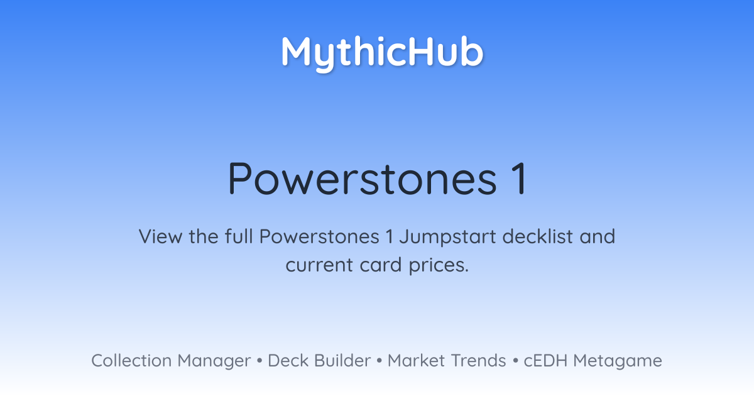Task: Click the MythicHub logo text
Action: [x=382, y=53]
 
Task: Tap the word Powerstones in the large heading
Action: [x=362, y=179]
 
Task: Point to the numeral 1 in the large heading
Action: [x=520, y=179]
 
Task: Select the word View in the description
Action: [x=160, y=236]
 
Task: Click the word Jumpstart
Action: [x=447, y=238]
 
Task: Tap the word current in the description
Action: [x=319, y=265]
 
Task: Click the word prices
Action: [x=439, y=266]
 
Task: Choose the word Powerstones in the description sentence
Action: [x=319, y=236]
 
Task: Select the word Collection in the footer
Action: [x=131, y=361]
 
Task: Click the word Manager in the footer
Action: [x=214, y=361]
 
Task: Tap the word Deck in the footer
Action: [x=288, y=361]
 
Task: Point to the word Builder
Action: [x=342, y=361]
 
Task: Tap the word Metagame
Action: [x=618, y=361]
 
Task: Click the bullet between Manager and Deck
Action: [x=259, y=361]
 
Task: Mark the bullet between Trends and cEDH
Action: [x=515, y=361]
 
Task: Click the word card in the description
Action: [x=381, y=265]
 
